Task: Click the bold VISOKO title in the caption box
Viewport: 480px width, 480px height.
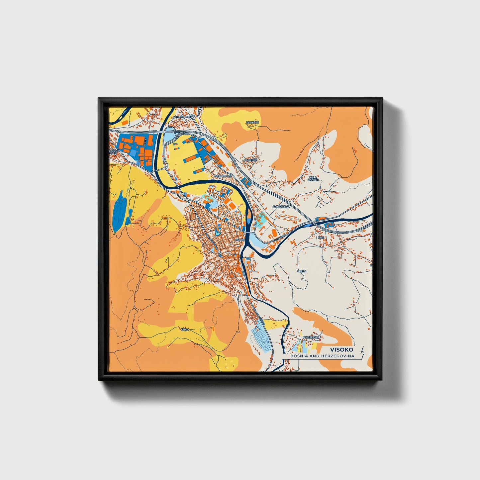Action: point(342,349)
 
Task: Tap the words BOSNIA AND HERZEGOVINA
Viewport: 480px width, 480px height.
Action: point(322,356)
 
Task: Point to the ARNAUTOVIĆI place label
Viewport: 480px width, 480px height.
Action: point(182,117)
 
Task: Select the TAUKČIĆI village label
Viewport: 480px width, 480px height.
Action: point(252,123)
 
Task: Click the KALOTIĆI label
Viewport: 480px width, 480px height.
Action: point(250,160)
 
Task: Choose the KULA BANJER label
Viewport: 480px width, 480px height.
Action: point(313,179)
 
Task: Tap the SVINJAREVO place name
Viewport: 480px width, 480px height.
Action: point(281,206)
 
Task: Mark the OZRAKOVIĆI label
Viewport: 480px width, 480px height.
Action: point(222,176)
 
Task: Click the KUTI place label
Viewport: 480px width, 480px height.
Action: point(321,238)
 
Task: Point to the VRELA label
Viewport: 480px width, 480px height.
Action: point(302,271)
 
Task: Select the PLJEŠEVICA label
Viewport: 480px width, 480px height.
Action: point(311,337)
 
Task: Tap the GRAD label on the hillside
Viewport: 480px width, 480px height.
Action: point(185,330)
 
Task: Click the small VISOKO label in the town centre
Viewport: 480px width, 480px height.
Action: point(240,240)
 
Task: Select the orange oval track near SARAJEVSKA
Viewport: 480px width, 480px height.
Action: point(273,232)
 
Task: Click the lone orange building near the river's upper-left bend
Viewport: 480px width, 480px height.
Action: point(124,122)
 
